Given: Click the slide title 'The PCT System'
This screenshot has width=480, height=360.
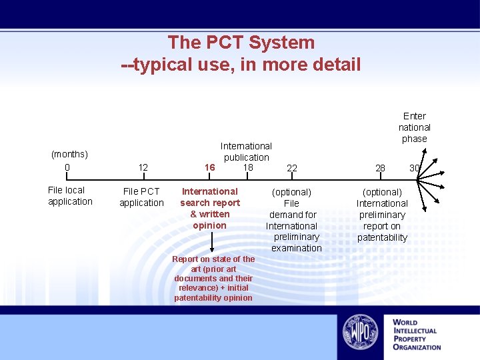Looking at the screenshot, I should pyautogui.click(x=241, y=42).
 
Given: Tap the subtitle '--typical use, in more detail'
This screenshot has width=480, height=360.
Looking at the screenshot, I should pyautogui.click(x=241, y=65).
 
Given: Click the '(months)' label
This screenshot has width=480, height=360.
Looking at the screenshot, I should pyautogui.click(x=69, y=155).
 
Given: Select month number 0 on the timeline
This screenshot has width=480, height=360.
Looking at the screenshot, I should pyautogui.click(x=67, y=167).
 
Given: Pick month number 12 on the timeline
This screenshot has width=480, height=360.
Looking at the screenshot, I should pyautogui.click(x=143, y=167).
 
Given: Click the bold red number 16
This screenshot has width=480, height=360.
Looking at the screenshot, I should pyautogui.click(x=210, y=167).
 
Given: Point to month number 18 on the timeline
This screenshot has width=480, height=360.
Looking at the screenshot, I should pyautogui.click(x=248, y=167).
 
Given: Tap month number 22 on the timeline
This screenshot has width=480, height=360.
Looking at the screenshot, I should pyautogui.click(x=292, y=168).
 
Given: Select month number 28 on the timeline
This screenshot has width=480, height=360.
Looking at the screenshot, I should pyautogui.click(x=380, y=168).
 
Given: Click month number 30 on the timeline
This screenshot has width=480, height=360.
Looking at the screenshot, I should pyautogui.click(x=414, y=168).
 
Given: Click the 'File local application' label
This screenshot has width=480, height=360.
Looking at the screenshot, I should pyautogui.click(x=70, y=196).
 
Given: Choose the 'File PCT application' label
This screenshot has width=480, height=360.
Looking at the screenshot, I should pyautogui.click(x=141, y=197).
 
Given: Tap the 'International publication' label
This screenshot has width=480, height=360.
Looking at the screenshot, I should pyautogui.click(x=246, y=151).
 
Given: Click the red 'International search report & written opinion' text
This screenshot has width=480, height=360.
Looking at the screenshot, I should pyautogui.click(x=210, y=208).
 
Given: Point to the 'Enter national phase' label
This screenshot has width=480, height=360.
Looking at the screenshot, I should pyautogui.click(x=415, y=127).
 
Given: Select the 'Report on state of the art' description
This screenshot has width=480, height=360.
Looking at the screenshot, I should pyautogui.click(x=213, y=278).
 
